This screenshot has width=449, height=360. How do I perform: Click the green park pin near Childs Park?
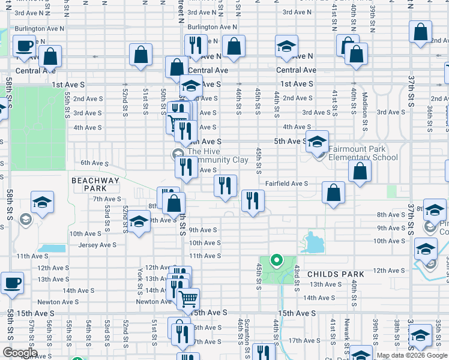pyautogui.click(x=277, y=260)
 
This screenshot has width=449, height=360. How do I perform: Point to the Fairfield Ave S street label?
pyautogui.click(x=286, y=184)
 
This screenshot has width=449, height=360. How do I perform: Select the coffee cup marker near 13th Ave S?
pyautogui.click(x=12, y=282)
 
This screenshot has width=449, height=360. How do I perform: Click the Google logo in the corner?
pyautogui.click(x=20, y=353)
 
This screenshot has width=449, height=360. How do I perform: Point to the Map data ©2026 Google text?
pyautogui.click(x=411, y=355)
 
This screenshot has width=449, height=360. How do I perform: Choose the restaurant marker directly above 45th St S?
pyautogui.click(x=253, y=200)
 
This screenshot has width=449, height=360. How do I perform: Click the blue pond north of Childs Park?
pyautogui.click(x=313, y=244)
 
